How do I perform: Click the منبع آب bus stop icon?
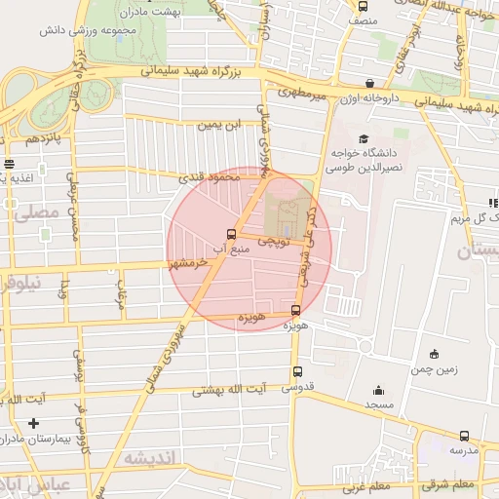click(231, 234)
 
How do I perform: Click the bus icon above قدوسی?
click(297, 371)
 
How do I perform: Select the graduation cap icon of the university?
click(364, 139)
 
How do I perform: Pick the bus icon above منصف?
click(364, 6)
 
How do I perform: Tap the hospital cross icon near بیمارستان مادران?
click(35, 423)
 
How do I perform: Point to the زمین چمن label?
click(434, 370)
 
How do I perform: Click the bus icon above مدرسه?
click(463, 437)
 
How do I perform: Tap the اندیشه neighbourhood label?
click(149, 456)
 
